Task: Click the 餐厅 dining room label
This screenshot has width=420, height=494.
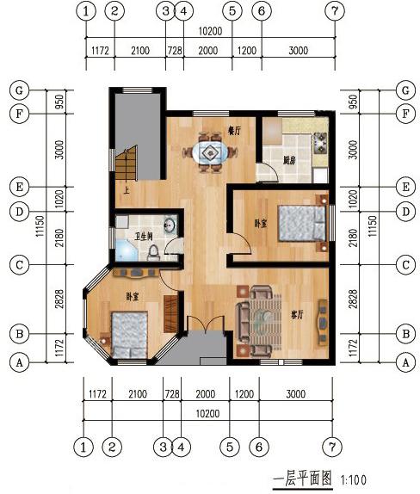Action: click(232, 131)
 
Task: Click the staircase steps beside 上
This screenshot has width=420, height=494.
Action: click(127, 163)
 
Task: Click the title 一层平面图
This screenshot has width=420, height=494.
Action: click(302, 479)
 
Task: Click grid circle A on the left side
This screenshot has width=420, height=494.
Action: click(16, 362)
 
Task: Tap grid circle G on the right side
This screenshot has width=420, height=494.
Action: click(404, 90)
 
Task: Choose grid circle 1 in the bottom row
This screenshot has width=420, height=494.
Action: click(83, 447)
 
